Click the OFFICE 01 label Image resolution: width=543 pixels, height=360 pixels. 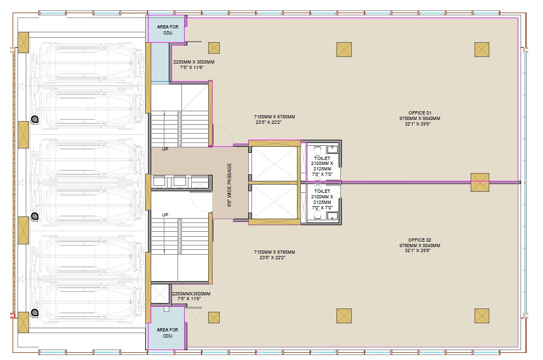pos(420,113)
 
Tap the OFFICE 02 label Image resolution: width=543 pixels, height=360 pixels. pos(420,240)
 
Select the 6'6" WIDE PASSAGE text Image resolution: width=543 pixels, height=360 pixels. pos(230,185)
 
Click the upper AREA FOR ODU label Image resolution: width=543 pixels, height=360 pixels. pos(168,30)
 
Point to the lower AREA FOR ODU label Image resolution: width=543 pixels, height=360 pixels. pos(168,333)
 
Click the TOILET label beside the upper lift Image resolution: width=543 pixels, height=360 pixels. pos(322,158)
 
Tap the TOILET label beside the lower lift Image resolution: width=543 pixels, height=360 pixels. pos(322,191)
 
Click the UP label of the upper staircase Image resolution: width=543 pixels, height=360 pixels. pos(165,149)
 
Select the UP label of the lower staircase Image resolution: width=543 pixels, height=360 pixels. pos(165,215)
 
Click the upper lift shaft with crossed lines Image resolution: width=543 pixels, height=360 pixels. pos(275,164)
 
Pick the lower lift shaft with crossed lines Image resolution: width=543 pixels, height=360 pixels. pos(275,202)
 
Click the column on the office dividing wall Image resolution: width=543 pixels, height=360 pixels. pos(480,182)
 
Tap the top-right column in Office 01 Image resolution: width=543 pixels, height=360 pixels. pos(482,49)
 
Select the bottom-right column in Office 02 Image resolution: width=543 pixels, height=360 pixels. pos(482,316)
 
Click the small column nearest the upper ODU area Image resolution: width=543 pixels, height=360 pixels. pos(214,48)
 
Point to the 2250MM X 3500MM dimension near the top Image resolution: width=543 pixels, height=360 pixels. pos(194,62)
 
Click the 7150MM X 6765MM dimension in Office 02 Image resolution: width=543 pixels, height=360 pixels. pos(275,252)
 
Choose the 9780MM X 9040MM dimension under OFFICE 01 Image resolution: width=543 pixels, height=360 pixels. pos(420,118)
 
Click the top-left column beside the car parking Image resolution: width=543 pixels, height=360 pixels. pos(23,43)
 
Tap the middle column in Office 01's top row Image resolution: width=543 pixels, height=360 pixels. pos(344,49)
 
